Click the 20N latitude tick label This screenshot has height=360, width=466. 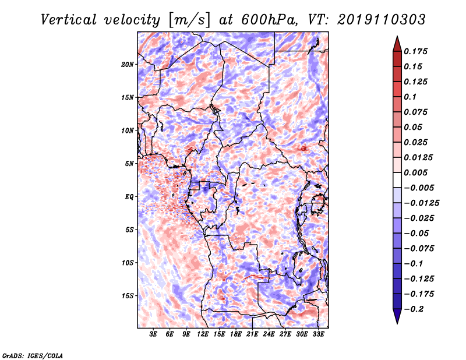(128, 65)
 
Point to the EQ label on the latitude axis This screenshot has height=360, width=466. (129, 197)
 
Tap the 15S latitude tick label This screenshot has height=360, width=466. (128, 296)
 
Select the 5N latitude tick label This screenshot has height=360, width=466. (129, 164)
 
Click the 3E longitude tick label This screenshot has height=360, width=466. (153, 334)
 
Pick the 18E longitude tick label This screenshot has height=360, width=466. (236, 334)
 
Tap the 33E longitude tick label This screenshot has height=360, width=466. (318, 334)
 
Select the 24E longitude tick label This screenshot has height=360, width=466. (269, 334)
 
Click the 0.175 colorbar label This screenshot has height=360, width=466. (415, 51)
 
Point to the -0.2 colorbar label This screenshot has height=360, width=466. (414, 309)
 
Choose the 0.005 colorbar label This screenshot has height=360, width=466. (415, 172)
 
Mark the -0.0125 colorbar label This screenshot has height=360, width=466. (421, 203)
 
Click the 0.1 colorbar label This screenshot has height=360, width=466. (410, 97)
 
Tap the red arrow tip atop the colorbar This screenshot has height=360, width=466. (397, 37)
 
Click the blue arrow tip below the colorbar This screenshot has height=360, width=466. (397, 323)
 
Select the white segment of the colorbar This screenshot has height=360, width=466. (397, 180)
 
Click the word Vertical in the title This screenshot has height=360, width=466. (69, 20)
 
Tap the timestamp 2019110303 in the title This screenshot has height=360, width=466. (382, 20)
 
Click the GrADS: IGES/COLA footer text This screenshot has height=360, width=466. (33, 355)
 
